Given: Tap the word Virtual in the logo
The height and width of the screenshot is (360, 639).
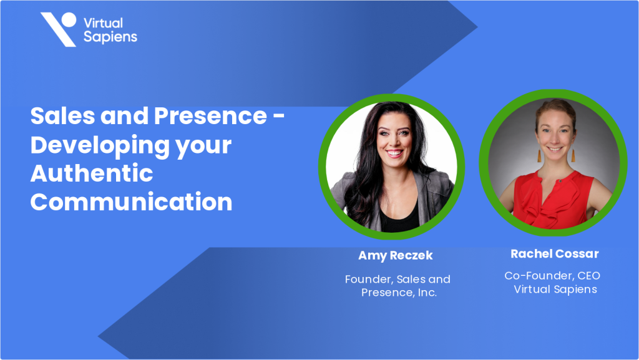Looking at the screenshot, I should point(103,23).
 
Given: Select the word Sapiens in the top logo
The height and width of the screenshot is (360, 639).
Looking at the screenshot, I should point(110,37).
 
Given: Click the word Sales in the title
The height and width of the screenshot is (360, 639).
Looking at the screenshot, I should point(61,117).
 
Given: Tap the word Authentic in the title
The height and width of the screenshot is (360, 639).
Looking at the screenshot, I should point(92,173).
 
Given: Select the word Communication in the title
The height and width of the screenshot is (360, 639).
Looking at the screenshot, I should point(131,202).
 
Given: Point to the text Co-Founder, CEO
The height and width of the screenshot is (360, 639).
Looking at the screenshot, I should point(552,275).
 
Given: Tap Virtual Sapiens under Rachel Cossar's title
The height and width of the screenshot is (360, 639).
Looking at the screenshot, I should point(555,289).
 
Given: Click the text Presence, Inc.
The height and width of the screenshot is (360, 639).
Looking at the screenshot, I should point(399,292).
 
